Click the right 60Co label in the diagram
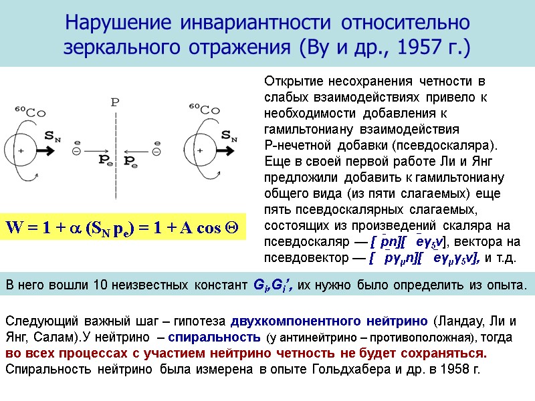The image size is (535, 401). pos(204,108)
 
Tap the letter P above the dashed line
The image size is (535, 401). pos(115,102)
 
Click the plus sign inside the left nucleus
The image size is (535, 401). pos(21,151)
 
